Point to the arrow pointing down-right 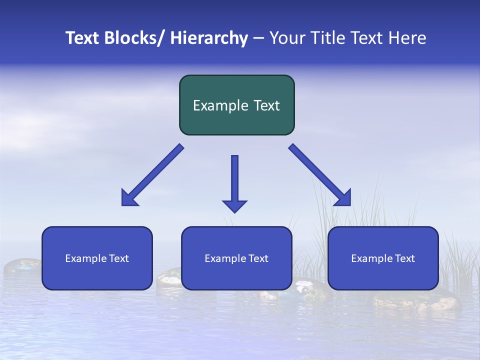[x=320, y=175]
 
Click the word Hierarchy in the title [x=209, y=38]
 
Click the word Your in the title [x=287, y=38]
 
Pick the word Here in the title [x=407, y=38]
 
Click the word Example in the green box [x=216, y=105]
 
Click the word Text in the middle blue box [x=256, y=258]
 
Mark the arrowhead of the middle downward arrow [x=234, y=206]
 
